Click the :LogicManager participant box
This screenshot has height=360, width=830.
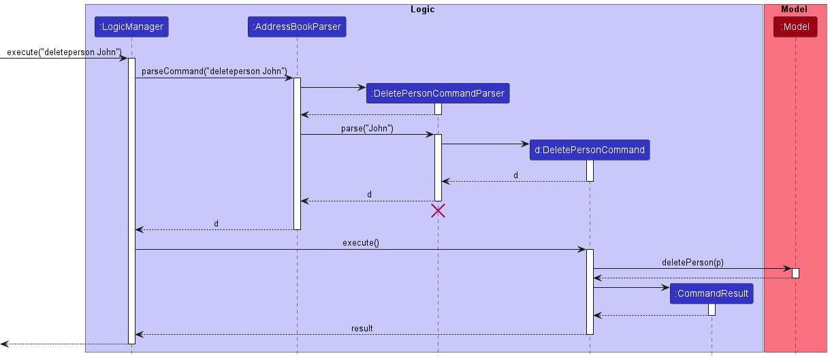click(x=131, y=27)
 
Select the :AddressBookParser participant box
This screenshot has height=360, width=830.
click(x=297, y=27)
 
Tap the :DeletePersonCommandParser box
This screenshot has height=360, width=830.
click(x=437, y=93)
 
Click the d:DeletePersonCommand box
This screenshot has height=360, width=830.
click(x=590, y=150)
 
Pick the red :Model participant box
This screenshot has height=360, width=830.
click(x=795, y=27)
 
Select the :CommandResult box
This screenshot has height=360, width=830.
click(x=712, y=293)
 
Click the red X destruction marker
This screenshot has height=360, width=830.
click(x=438, y=210)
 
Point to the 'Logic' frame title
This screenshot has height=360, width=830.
click(x=423, y=10)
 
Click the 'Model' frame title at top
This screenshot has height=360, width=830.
click(x=795, y=10)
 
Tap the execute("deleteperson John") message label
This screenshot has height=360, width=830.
click(x=64, y=52)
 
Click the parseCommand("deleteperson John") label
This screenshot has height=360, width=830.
click(x=214, y=71)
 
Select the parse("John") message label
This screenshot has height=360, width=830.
click(x=367, y=128)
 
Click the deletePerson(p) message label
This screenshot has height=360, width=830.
click(x=692, y=262)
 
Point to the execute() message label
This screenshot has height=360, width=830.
click(x=361, y=243)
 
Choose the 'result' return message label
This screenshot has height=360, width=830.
click(x=362, y=328)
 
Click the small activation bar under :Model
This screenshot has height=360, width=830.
click(x=795, y=273)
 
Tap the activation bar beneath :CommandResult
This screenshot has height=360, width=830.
click(x=712, y=309)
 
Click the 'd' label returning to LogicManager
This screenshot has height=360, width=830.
click(x=216, y=223)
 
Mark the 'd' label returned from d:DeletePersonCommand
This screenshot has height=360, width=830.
click(x=515, y=175)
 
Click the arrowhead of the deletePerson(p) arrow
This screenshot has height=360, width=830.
click(x=788, y=269)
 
